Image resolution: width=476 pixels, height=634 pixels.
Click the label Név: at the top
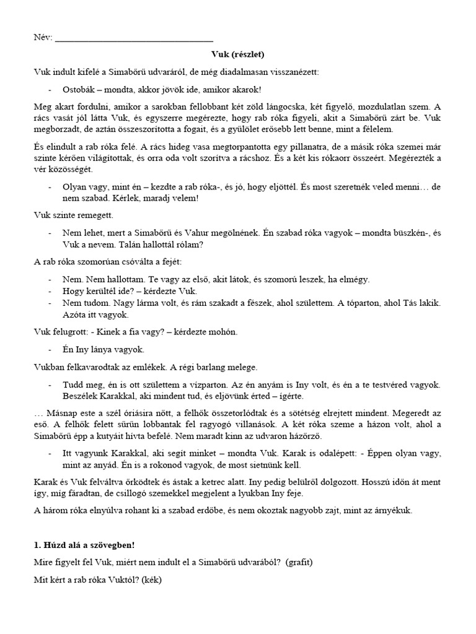pyautogui.click(x=43, y=38)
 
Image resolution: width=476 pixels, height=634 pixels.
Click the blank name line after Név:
pyautogui.click(x=134, y=39)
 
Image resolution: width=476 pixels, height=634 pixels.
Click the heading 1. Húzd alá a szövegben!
pyautogui.click(x=83, y=544)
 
